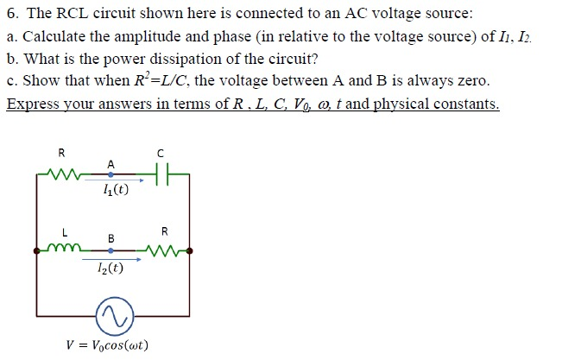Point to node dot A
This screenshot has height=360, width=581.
111,174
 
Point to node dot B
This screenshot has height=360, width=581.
111,250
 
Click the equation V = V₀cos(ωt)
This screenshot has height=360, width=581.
107,346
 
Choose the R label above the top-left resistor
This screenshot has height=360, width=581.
60,153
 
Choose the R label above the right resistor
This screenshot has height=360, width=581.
166,231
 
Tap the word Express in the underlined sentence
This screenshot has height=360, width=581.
30,104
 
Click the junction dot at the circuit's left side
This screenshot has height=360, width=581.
36,250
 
